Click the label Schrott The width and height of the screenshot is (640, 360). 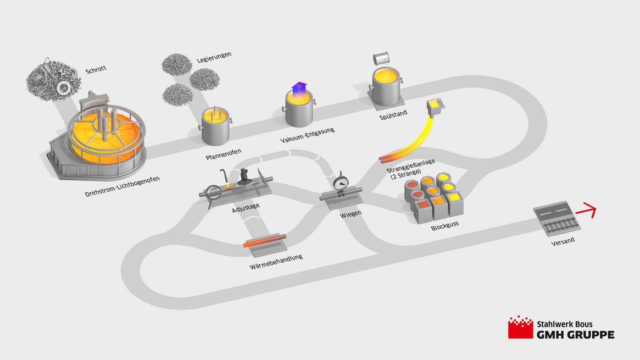click(x=96, y=70)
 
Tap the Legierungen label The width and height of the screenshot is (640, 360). click(x=214, y=57)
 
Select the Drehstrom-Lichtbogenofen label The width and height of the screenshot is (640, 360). click(x=122, y=186)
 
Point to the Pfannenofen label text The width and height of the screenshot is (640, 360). click(x=223, y=154)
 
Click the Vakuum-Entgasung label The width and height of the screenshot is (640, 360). click(x=307, y=135)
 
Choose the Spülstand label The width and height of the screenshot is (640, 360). click(x=393, y=115)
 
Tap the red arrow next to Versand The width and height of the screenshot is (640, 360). click(x=586, y=210)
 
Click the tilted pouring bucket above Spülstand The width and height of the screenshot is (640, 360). click(x=381, y=59)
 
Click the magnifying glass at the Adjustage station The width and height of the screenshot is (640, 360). click(x=213, y=193)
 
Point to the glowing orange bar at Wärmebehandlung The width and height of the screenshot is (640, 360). click(x=265, y=240)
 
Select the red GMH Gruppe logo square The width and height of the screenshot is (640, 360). click(x=520, y=327)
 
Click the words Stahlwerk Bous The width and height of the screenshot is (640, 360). click(x=565, y=324)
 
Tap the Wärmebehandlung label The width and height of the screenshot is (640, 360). click(x=276, y=262)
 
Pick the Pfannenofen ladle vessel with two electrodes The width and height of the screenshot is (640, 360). click(x=216, y=126)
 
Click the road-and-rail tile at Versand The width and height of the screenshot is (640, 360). click(x=556, y=218)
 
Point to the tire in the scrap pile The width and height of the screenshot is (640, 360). click(x=63, y=88)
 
